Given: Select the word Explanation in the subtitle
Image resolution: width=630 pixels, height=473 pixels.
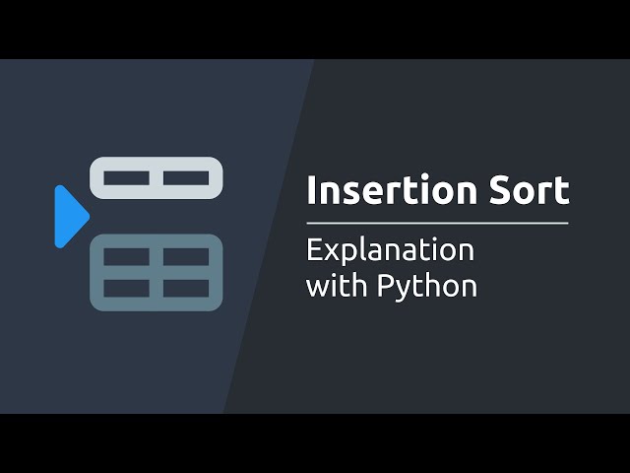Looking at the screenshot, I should tap(390, 250).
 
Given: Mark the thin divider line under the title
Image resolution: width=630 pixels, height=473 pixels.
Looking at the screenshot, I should tap(437, 223).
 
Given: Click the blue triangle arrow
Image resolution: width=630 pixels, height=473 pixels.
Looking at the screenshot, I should tap(70, 216).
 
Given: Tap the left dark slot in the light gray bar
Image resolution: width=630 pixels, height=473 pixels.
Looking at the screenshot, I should tap(126, 178).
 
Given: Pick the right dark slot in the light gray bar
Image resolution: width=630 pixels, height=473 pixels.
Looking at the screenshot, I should tap(186, 178).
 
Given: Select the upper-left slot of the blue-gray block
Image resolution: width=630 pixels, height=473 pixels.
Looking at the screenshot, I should tap(126, 257).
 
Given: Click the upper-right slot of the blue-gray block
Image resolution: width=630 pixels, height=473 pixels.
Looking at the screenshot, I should tap(186, 257).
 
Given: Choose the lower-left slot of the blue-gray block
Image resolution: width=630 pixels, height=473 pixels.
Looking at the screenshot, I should tap(126, 289).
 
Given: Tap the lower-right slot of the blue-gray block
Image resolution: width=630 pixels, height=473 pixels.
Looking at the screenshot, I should tap(186, 289).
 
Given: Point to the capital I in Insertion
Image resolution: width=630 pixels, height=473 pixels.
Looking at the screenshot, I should tap(311, 190).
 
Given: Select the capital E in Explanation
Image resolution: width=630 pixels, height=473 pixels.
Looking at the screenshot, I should tap(314, 249).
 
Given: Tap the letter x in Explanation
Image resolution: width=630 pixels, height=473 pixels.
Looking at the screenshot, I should tap(330, 251).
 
